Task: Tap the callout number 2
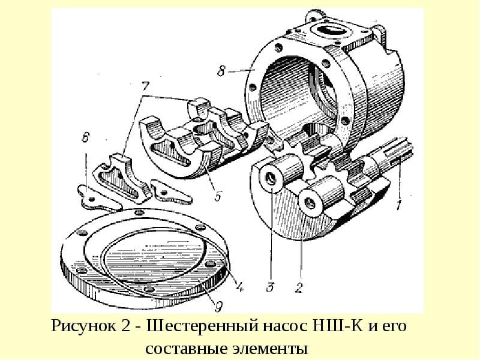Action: point(298,287)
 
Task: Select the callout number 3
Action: point(271,287)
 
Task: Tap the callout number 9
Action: point(218,307)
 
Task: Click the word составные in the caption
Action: point(183,349)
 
